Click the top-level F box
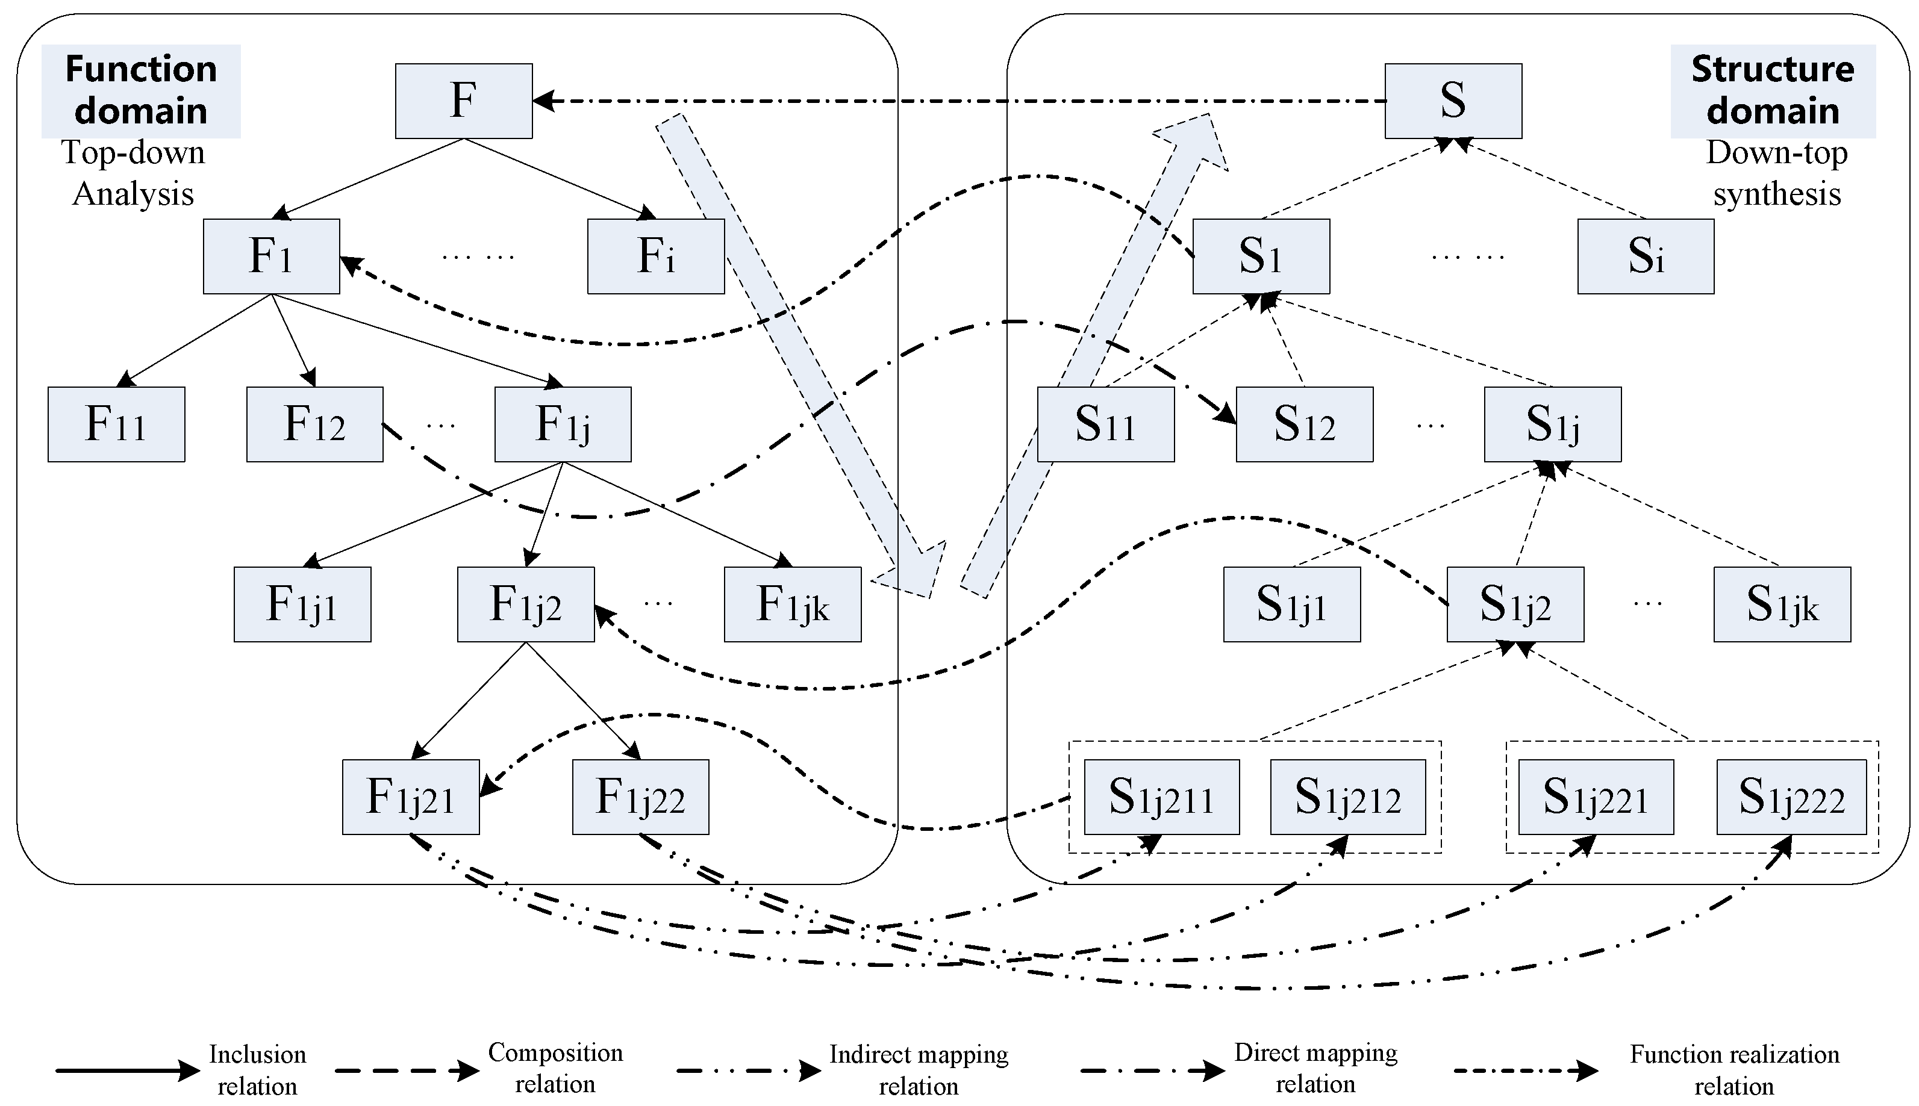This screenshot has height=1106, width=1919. (x=463, y=101)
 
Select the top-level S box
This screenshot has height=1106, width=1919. (x=1453, y=101)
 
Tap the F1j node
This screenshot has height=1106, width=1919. (x=562, y=424)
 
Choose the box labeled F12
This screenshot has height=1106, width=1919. (x=314, y=424)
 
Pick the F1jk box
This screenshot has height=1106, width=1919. (x=793, y=604)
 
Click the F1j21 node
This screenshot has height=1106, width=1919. (x=410, y=797)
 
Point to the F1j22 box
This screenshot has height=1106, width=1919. (x=640, y=797)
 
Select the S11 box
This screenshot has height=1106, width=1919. (x=1105, y=424)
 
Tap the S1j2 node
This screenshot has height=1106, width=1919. (x=1515, y=604)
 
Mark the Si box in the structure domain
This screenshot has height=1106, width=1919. (x=1646, y=256)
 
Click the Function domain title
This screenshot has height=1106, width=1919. (x=142, y=90)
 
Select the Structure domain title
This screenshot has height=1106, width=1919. (x=1773, y=90)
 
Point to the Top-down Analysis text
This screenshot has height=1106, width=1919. (x=133, y=173)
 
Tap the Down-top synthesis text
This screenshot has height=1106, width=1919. (x=1777, y=173)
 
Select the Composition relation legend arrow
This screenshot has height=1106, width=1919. (x=407, y=1071)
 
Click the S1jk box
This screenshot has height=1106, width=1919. (x=1782, y=604)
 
